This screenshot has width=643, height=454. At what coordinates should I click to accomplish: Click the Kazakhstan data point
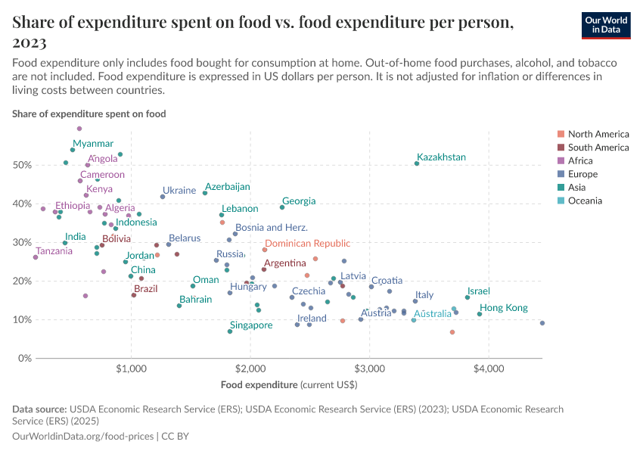(417, 163)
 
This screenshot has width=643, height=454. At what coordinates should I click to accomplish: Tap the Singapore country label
(251, 325)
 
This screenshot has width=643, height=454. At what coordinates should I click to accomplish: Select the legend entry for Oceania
(585, 201)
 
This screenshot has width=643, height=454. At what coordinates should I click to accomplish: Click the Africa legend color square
(560, 161)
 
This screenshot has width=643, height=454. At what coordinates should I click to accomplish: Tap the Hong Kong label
(504, 308)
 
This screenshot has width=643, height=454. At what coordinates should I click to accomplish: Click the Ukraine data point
(163, 197)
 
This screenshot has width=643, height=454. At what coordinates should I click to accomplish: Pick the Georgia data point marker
(282, 207)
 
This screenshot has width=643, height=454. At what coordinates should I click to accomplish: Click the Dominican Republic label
(308, 244)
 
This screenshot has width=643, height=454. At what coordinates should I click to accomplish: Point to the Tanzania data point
(36, 257)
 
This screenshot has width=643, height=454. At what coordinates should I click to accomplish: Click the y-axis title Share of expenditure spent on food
(89, 113)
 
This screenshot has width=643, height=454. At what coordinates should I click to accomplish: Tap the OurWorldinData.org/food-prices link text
(83, 437)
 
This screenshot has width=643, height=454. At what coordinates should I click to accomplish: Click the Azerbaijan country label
(228, 187)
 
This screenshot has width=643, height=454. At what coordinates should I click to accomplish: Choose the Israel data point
(467, 297)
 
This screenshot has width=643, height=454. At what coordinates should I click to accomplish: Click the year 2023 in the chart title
(30, 42)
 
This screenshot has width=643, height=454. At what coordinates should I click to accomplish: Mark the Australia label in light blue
(432, 313)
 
